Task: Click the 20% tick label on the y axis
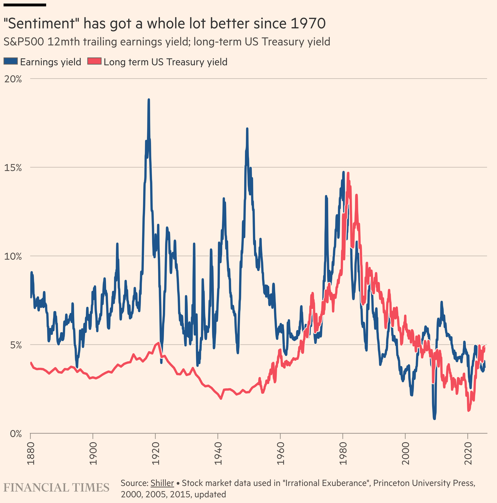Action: coord(13,79)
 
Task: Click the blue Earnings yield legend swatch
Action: coord(11,61)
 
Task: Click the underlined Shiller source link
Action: coord(162,483)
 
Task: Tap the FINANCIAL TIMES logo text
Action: coord(56,488)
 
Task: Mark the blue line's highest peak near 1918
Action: coord(149,100)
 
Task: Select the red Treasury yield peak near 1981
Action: coord(348,173)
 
